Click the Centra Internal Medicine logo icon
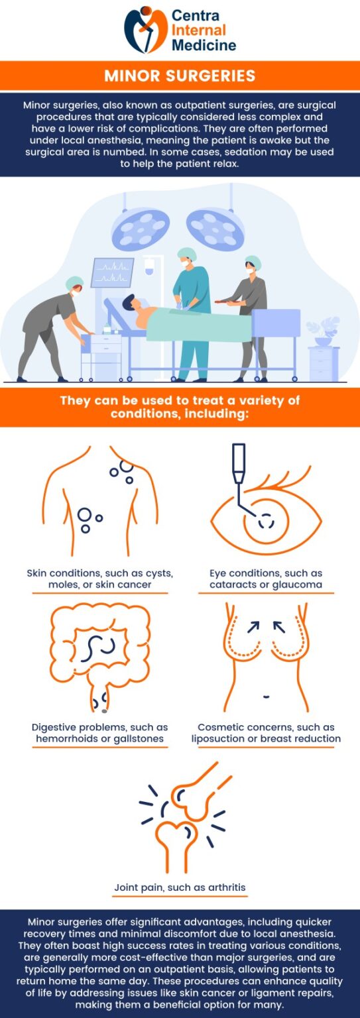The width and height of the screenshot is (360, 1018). (146, 30)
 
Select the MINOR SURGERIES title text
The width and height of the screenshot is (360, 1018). (180, 76)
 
